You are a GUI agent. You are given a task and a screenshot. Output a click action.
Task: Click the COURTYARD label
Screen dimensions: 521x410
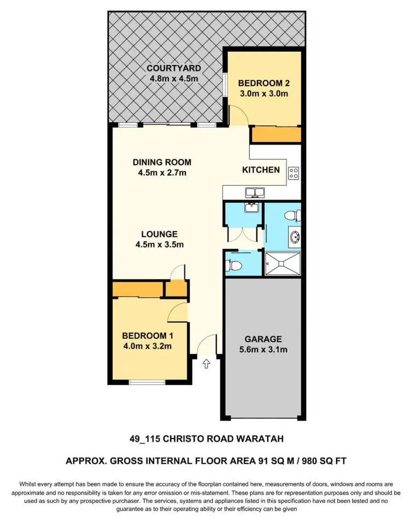[174, 69]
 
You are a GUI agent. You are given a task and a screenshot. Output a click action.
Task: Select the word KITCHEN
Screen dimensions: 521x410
[261, 170]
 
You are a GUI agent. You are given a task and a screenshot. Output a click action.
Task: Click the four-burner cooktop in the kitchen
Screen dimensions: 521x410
[294, 173]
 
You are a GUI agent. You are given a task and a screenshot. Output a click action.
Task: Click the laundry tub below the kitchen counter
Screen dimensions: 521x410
[253, 208]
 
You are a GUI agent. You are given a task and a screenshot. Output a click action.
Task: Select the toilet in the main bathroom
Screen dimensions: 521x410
[295, 214]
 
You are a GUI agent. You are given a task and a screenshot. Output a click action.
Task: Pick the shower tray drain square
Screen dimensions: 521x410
[282, 263]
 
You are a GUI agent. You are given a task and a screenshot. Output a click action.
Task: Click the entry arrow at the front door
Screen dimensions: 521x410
[207, 363]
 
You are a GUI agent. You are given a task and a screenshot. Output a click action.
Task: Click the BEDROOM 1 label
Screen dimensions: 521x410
[145, 335]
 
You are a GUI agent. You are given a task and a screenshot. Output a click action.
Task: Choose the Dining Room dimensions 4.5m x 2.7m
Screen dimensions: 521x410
[162, 173]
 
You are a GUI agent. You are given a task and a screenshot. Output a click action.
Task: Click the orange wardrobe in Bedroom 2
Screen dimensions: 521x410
[276, 134]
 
